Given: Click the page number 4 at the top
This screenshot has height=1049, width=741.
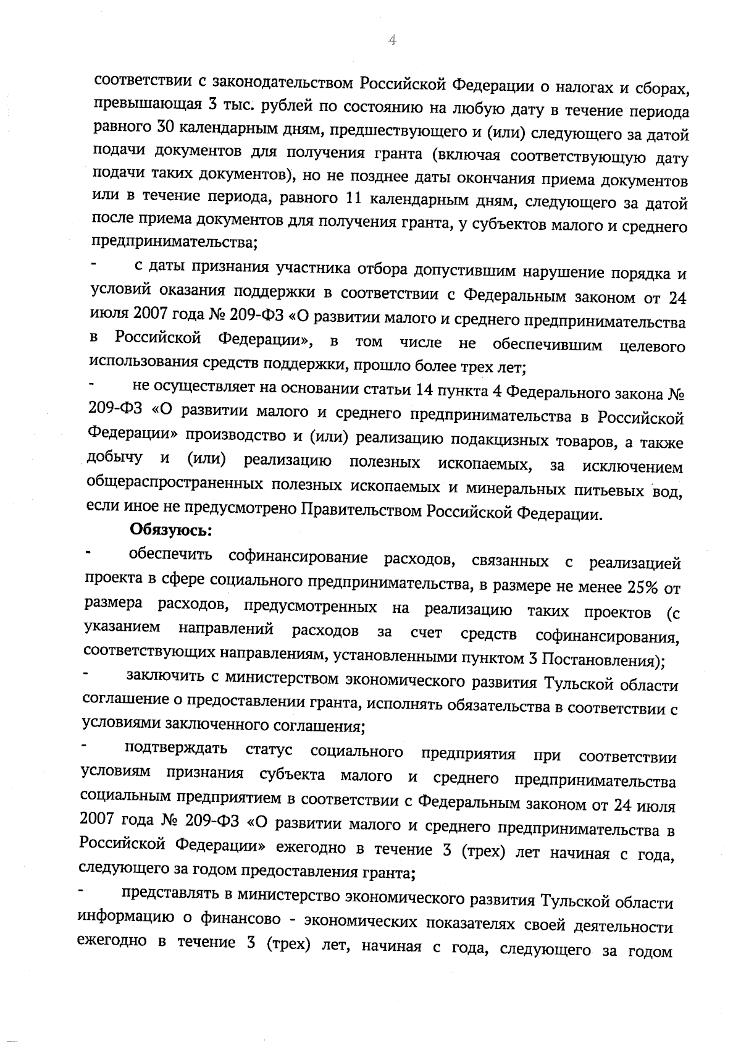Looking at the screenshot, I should (x=391, y=40).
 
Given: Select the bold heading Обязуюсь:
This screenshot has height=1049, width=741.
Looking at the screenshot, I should (x=170, y=530).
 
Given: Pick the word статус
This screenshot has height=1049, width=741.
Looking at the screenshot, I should (x=269, y=751).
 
